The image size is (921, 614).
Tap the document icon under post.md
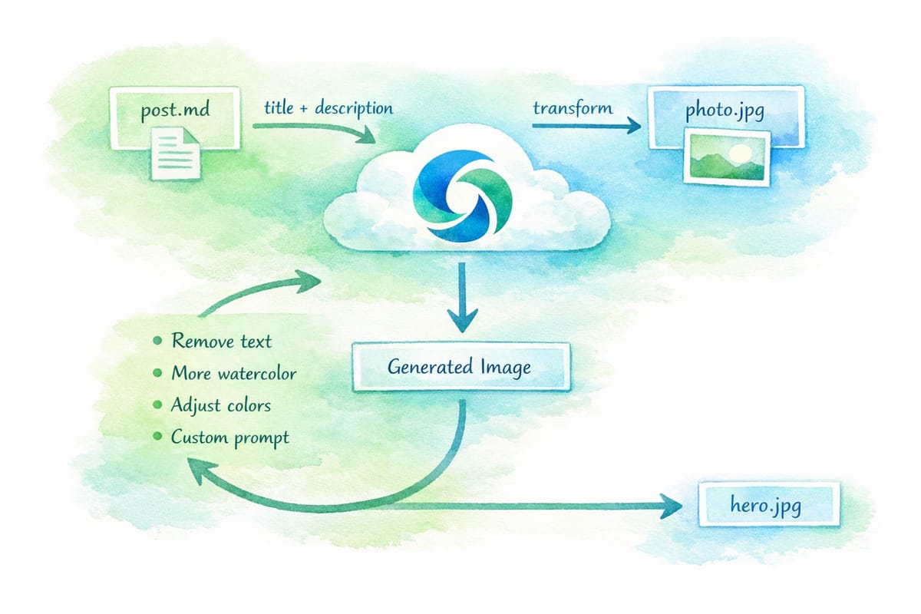tap(175, 154)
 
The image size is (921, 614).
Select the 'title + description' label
tap(328, 108)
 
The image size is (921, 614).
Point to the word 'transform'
tap(573, 107)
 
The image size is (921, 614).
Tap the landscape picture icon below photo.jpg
tap(726, 157)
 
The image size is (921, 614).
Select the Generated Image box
tap(460, 368)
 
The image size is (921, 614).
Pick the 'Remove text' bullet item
tap(221, 341)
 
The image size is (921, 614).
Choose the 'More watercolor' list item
tap(233, 374)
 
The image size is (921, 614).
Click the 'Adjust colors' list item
tap(221, 405)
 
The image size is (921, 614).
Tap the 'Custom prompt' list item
tap(230, 437)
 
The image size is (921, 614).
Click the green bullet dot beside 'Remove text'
tap(158, 341)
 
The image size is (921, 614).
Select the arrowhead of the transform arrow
tap(632, 125)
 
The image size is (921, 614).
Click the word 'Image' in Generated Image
tap(503, 368)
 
